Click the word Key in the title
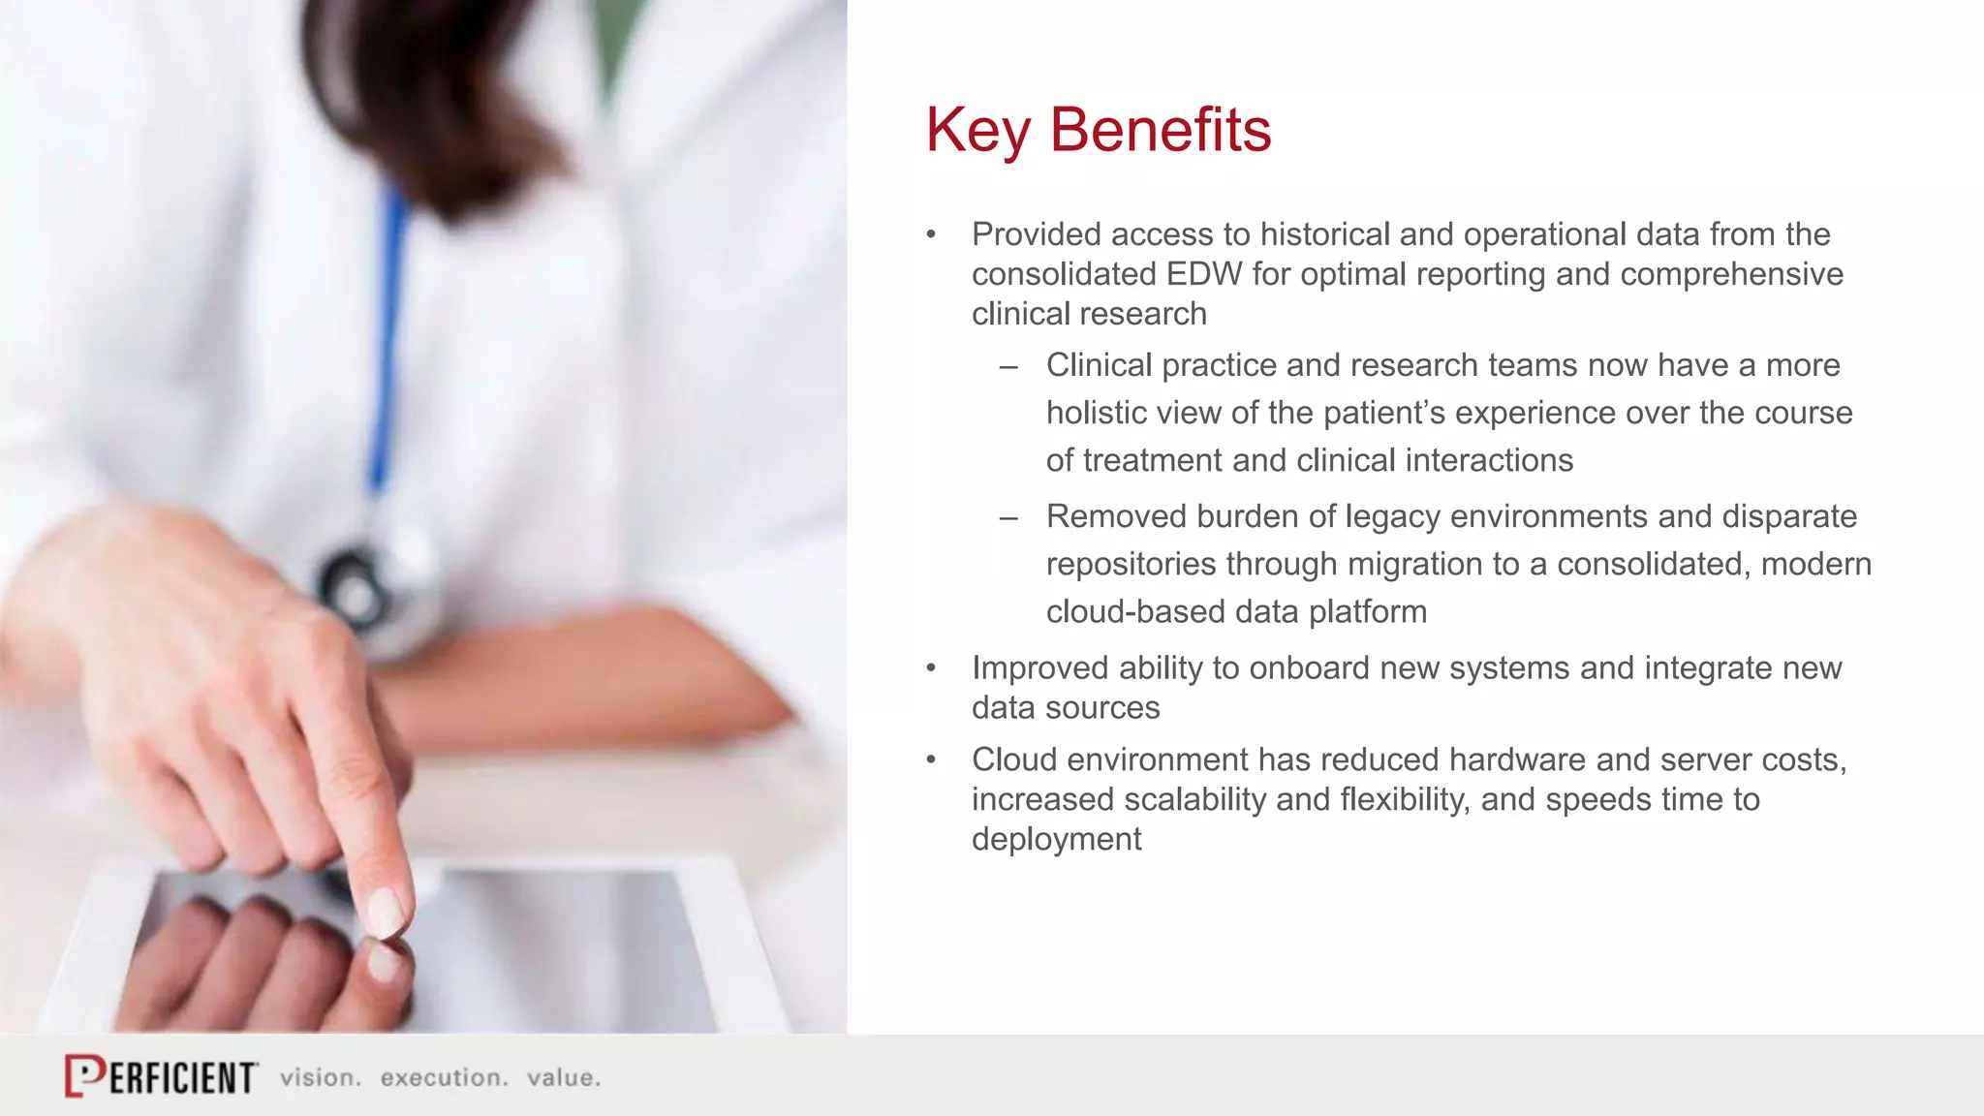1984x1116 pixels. pos(978,130)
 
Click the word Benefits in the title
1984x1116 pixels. pos(1160,130)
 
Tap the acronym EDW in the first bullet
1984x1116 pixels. pos(1203,274)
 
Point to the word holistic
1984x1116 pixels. pos(1096,413)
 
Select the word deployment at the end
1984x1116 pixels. pos(1056,840)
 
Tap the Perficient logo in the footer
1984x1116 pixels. pos(161,1075)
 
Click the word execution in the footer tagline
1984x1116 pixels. pos(444,1078)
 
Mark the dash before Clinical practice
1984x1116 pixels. pos(1008,367)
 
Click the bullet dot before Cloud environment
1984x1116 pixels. pos(931,760)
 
